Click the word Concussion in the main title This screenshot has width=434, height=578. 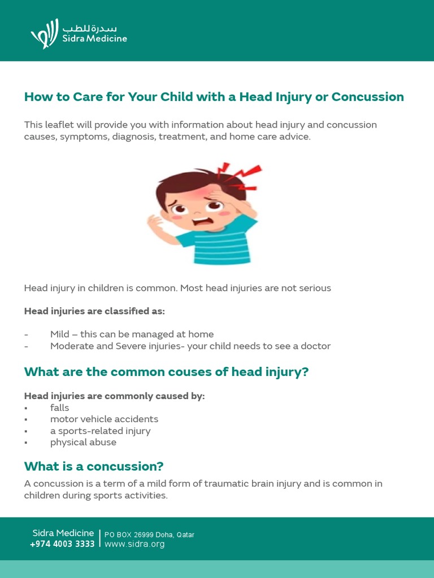pos(368,97)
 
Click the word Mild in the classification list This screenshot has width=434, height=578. pos(59,334)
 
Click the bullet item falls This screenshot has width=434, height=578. pos(59,408)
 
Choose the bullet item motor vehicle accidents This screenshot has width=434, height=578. pos(104,419)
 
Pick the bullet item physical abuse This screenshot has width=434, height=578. pos(83,443)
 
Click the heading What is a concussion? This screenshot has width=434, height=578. pos(94,466)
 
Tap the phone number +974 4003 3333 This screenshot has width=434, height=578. pos(62,544)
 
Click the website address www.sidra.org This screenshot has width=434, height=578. pos(134,544)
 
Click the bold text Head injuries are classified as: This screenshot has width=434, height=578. pos(94,311)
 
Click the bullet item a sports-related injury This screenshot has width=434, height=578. pos(100,431)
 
